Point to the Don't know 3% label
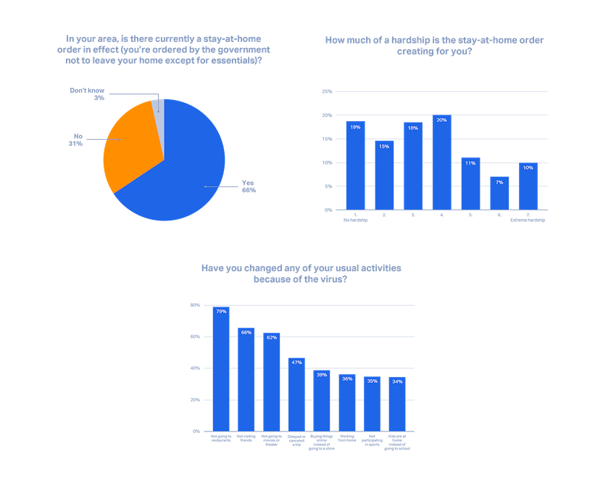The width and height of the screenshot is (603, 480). coord(88,94)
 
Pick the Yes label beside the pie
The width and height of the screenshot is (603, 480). coord(249,186)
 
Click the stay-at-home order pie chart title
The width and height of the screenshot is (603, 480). coord(164,49)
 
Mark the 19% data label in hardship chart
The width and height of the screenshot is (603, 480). coord(355,127)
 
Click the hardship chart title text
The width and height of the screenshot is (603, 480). coord(434,46)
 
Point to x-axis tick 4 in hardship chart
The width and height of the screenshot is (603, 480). coord(441,215)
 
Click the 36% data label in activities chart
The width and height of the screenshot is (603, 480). coord(347,378)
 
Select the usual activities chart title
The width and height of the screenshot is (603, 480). coord(301,273)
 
